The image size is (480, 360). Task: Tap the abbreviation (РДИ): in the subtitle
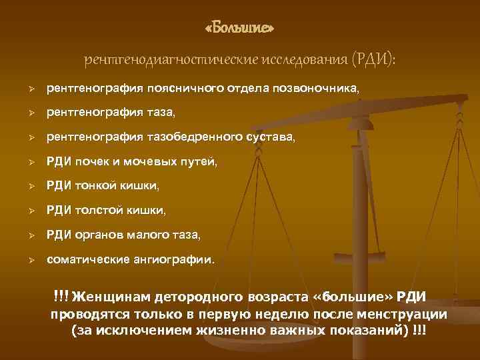[x=372, y=61]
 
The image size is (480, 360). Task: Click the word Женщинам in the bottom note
[x=115, y=296]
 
